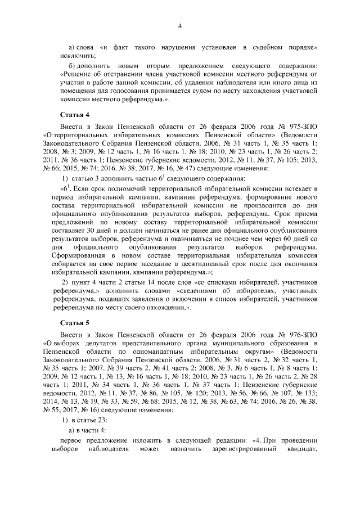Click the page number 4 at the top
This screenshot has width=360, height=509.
[179, 26]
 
